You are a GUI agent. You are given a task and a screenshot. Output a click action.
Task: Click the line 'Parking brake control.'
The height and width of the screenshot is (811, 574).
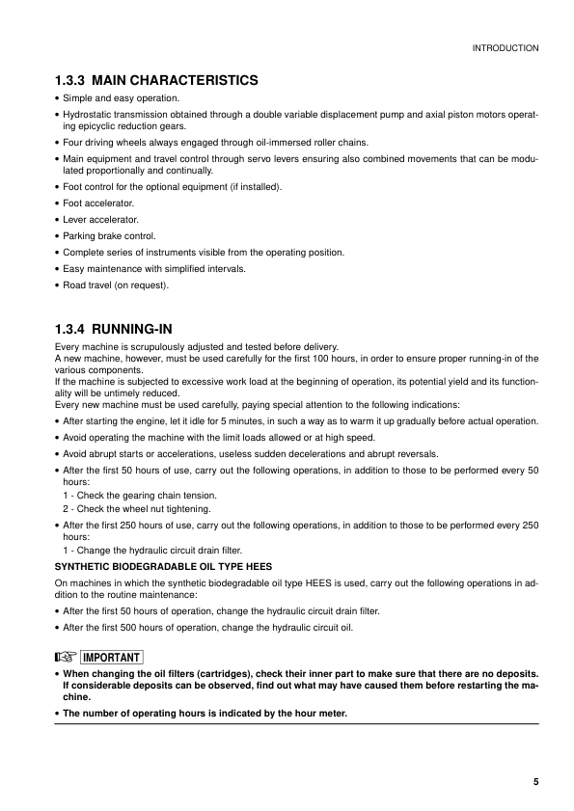click(x=109, y=235)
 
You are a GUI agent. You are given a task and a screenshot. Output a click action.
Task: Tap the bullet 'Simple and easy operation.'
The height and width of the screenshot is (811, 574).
click(x=121, y=98)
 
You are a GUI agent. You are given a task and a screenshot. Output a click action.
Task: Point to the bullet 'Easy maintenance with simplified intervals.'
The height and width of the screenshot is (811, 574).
click(x=154, y=269)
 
